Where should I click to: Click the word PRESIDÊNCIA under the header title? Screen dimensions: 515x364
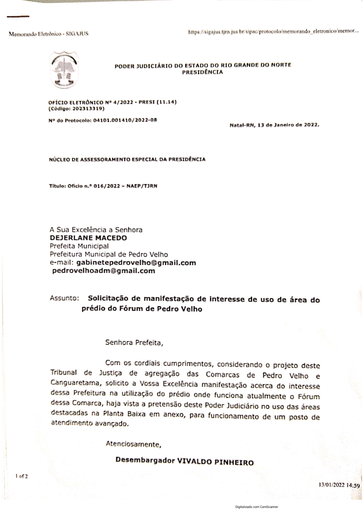click(203, 72)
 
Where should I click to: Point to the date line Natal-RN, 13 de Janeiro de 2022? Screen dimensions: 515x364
click(274, 125)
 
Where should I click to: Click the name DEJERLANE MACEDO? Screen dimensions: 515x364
click(88, 238)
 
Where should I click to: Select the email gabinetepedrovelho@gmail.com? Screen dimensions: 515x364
click(136, 263)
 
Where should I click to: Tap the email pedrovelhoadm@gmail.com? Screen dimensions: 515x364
click(104, 271)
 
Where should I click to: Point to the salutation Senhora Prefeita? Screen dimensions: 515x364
click(134, 342)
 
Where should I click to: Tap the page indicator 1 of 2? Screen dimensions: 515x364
click(22, 476)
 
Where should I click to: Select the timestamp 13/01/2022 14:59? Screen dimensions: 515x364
click(339, 485)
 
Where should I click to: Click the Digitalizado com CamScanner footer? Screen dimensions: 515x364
click(257, 506)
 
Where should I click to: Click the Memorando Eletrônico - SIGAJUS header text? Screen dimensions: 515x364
click(48, 34)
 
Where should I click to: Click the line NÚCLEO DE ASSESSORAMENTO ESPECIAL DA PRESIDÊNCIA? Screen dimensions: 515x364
click(127, 160)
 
